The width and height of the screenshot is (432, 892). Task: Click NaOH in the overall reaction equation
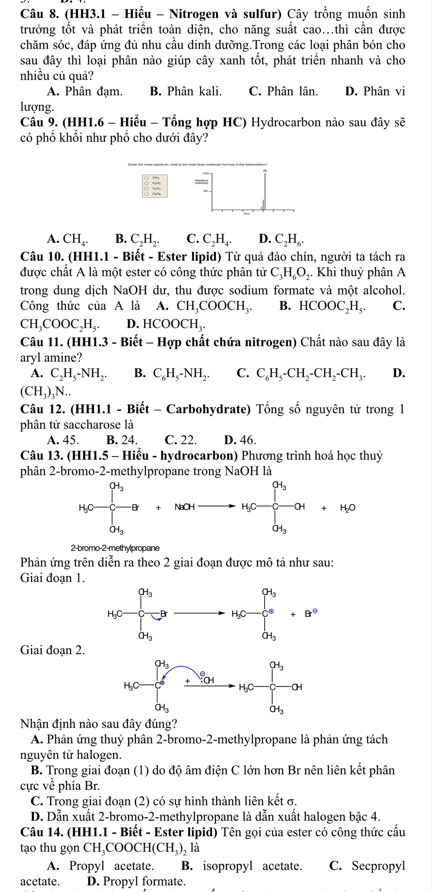185,507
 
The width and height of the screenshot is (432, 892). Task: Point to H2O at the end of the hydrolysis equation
348,508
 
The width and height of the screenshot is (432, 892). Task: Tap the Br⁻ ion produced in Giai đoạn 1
311,614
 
